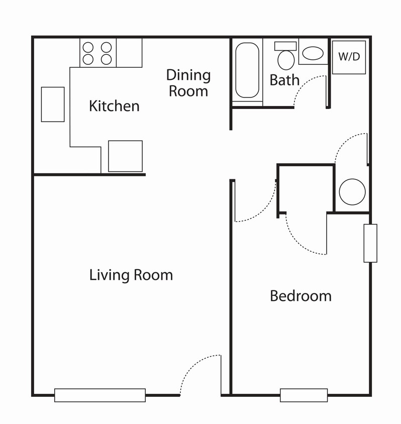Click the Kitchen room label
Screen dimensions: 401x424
coord(114,105)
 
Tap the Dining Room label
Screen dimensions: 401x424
coord(188,83)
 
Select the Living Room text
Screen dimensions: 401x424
coord(131,275)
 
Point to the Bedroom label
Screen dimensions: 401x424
coord(300,295)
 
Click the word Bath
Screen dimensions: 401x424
coord(284,80)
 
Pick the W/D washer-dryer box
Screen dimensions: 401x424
coord(349,57)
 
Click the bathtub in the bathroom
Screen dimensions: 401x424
coord(247,70)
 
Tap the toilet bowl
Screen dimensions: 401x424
coord(286,60)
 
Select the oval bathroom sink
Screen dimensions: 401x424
coord(313,53)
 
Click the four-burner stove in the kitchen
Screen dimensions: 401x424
coord(98,53)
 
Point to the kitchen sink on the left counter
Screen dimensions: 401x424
coord(53,104)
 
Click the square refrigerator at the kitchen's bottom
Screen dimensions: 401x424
coord(126,156)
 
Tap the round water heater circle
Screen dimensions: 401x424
coord(352,192)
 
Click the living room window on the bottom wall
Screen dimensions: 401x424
coord(100,395)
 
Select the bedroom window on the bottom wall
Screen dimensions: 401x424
coord(304,395)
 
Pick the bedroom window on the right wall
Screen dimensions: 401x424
coord(370,243)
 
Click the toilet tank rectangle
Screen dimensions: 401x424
coord(285,46)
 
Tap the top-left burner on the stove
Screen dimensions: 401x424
coord(88,47)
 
